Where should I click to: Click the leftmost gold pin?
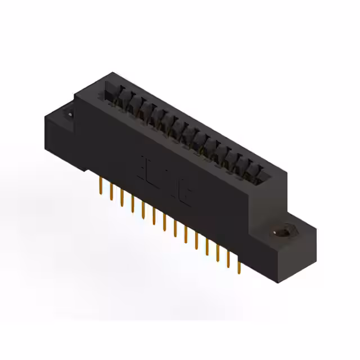(x=101, y=185)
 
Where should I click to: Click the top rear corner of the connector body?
(x=112, y=73)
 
